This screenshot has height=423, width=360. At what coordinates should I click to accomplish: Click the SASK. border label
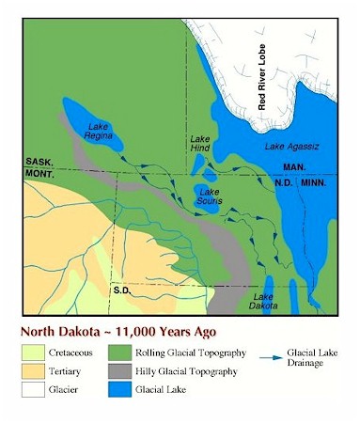38,162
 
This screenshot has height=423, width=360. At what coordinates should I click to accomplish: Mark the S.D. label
120,290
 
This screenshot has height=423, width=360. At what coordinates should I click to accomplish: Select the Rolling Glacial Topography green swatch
131,353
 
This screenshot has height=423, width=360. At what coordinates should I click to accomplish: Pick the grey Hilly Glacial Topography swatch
131,371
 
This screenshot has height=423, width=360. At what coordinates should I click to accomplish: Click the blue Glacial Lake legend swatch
131,389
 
